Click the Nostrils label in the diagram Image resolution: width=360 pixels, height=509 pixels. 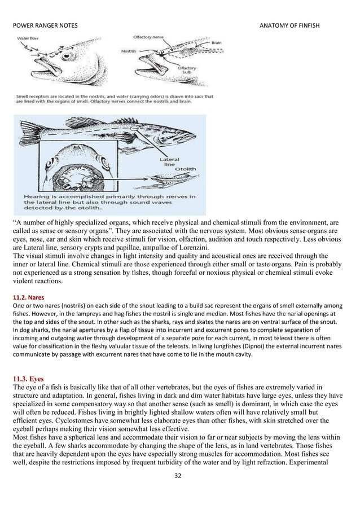pos(129,51)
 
